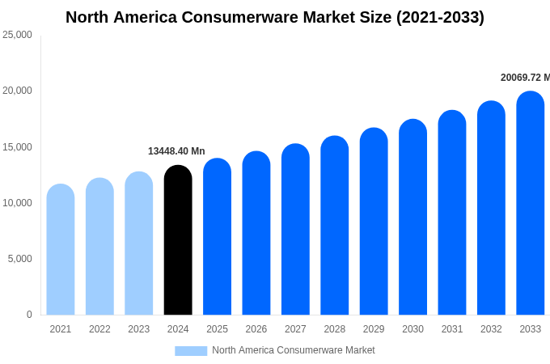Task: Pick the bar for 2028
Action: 334,226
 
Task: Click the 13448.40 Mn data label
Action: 176,151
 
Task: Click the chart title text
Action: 275,17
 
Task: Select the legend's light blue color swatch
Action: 191,350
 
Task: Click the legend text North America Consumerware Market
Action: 294,350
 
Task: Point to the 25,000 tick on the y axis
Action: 17,35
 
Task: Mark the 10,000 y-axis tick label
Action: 17,203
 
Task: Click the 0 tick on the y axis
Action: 29,315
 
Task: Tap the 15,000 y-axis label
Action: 17,147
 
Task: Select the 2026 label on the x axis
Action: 256,329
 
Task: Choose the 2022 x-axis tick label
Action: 99,329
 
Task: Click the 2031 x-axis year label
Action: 452,329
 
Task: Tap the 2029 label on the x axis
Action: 374,329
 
